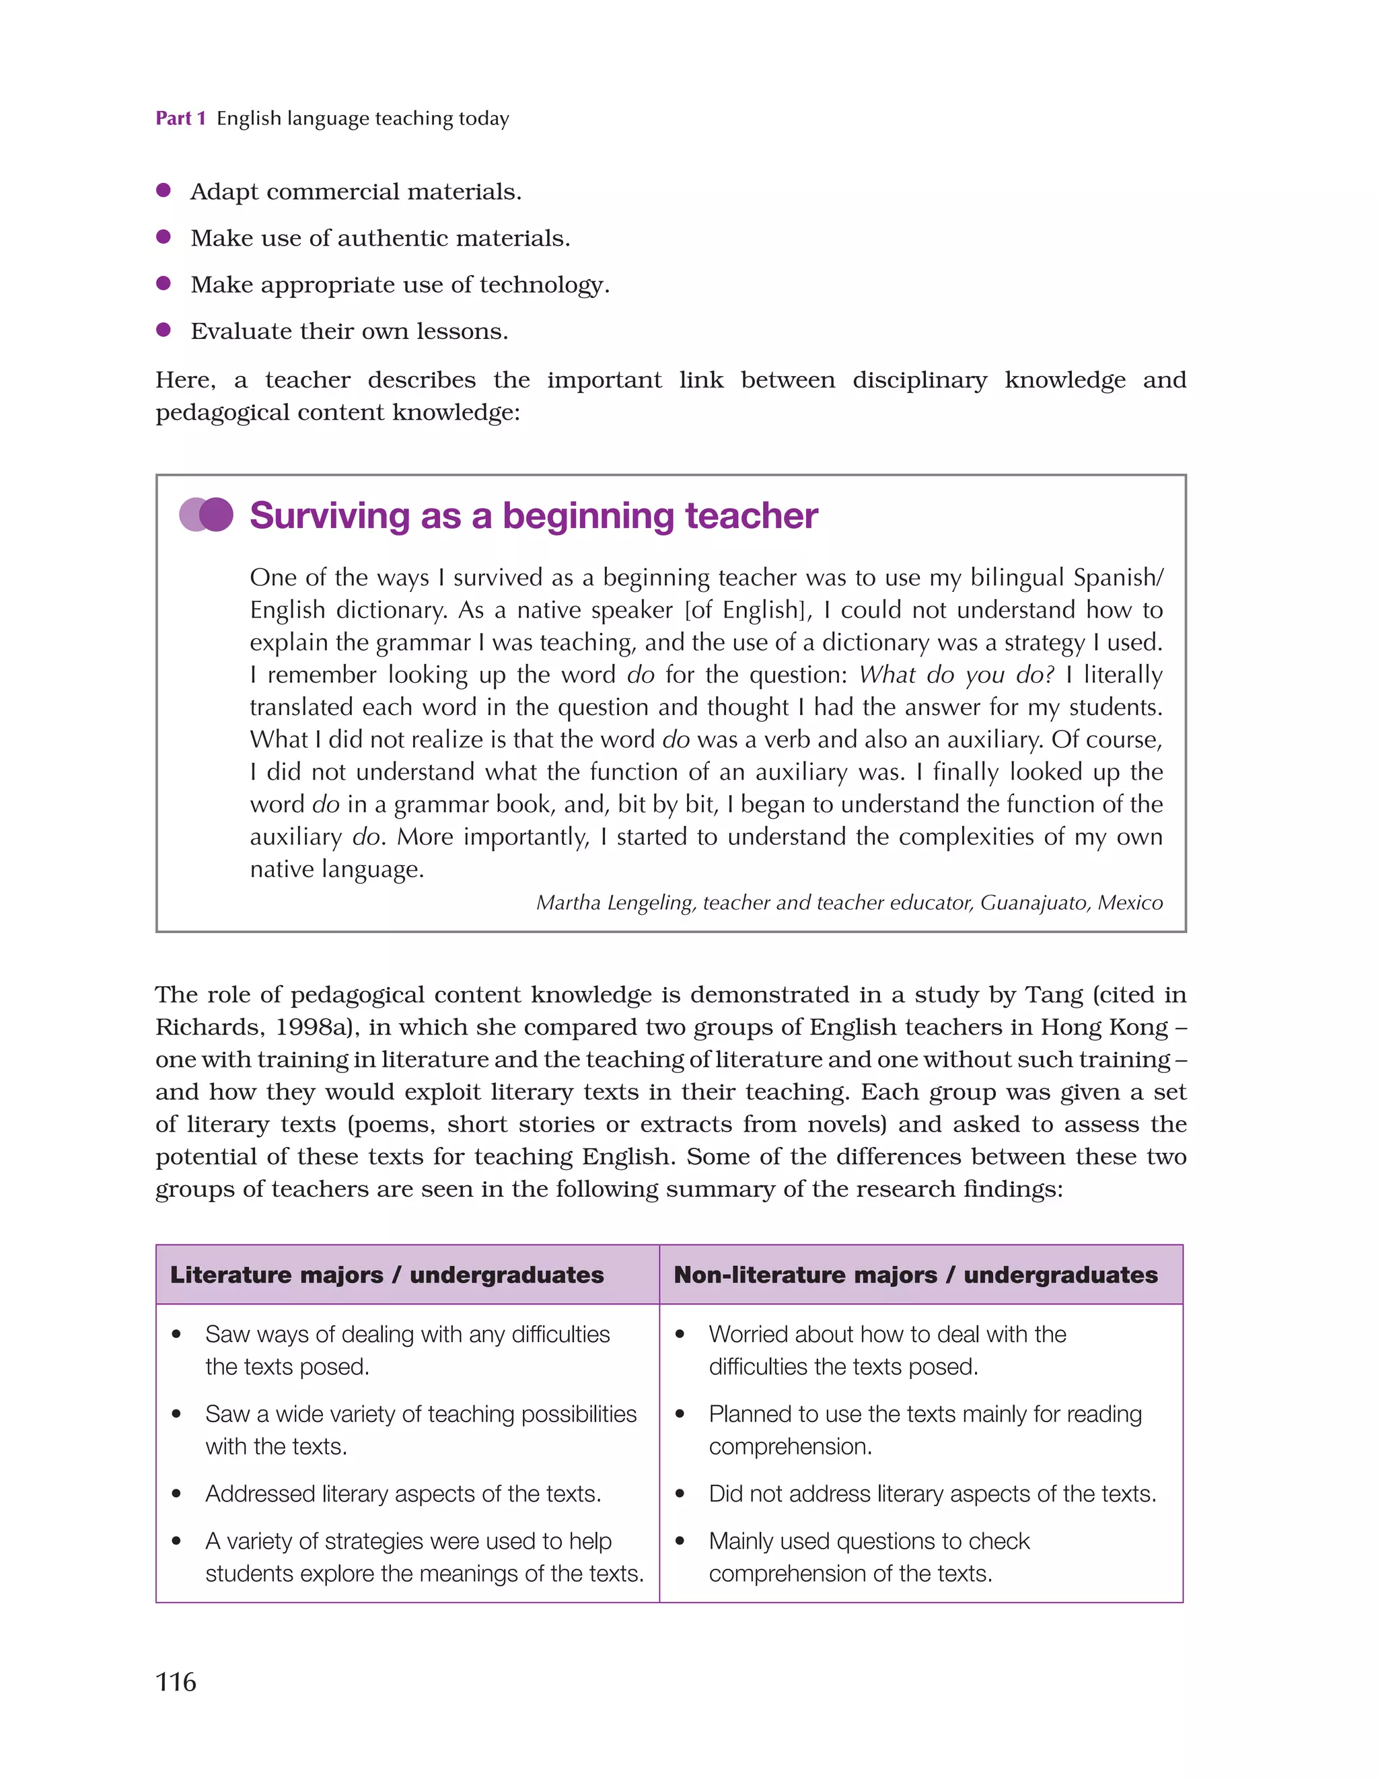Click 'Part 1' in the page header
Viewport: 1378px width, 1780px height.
click(x=180, y=118)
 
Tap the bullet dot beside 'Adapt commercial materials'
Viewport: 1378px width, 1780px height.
click(x=163, y=190)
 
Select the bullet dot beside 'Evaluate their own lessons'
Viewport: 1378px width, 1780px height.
click(x=163, y=329)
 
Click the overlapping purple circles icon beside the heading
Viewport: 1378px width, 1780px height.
click(x=207, y=515)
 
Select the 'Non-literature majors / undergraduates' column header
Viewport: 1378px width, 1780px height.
click(x=915, y=1275)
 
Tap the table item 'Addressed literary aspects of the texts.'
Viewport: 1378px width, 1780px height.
click(x=403, y=1494)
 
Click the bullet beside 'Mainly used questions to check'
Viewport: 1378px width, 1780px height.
click(x=679, y=1541)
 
